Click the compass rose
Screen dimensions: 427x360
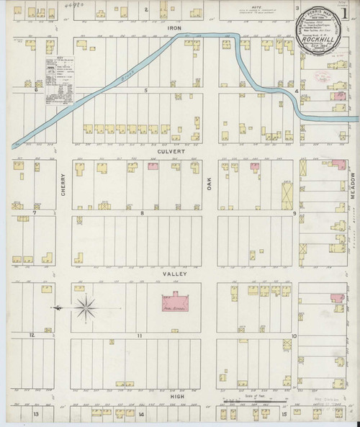(85, 307)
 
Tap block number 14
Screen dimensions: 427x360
(142, 415)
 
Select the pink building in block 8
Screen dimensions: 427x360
(153, 166)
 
